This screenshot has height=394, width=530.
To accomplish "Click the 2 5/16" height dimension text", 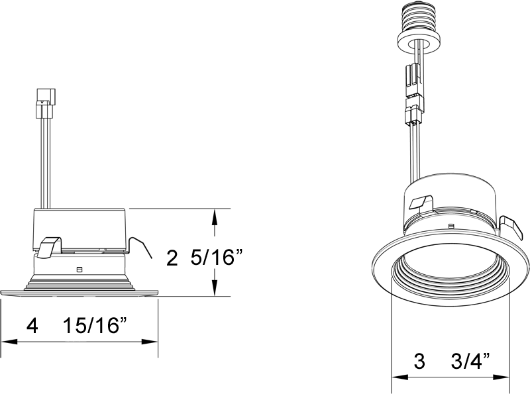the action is (205, 258).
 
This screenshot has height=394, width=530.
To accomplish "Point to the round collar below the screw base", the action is (419, 43).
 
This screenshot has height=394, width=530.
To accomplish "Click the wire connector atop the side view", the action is (45, 103).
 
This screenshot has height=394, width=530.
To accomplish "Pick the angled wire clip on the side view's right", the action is (140, 248).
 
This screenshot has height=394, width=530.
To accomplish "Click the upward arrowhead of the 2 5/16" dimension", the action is (214, 218).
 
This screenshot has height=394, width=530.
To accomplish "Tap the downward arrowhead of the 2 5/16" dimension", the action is (214, 287).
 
